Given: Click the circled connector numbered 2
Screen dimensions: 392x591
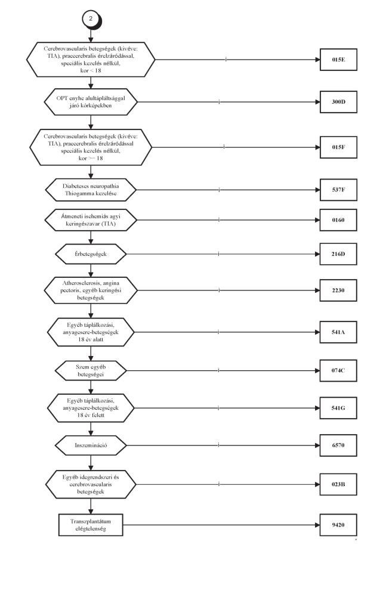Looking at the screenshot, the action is pyautogui.click(x=91, y=19).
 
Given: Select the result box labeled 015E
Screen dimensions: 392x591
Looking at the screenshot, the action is pyautogui.click(x=338, y=60).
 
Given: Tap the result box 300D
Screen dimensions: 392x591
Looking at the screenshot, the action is pyautogui.click(x=338, y=102).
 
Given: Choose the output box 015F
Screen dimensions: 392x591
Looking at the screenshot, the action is pyautogui.click(x=338, y=147).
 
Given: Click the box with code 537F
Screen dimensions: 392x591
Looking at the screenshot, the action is pyautogui.click(x=338, y=190).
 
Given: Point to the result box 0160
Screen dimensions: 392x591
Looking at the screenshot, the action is pyautogui.click(x=338, y=219).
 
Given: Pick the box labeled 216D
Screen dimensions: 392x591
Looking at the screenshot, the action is pyautogui.click(x=338, y=254).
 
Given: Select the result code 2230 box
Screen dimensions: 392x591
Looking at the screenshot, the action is pyautogui.click(x=338, y=290).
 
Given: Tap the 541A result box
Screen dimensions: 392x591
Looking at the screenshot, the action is pyautogui.click(x=338, y=332).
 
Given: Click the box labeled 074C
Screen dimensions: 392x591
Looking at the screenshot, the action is pyautogui.click(x=338, y=370).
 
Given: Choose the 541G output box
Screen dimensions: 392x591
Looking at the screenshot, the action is pyautogui.click(x=338, y=408).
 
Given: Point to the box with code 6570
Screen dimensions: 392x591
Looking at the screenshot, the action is pyautogui.click(x=338, y=445).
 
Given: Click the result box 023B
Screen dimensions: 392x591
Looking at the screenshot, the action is pyautogui.click(x=338, y=484).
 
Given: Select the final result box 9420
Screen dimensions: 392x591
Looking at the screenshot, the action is pyautogui.click(x=338, y=525).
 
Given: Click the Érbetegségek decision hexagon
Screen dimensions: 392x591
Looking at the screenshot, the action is pyautogui.click(x=91, y=254).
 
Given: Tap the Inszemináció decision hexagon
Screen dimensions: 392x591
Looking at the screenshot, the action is pyautogui.click(x=91, y=445).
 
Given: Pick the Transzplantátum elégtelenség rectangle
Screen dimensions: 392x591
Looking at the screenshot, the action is pyautogui.click(x=91, y=525).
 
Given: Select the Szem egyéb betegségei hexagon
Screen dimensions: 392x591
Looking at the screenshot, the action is pyautogui.click(x=91, y=370).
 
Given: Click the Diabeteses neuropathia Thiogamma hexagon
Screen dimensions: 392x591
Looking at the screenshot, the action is pyautogui.click(x=91, y=190).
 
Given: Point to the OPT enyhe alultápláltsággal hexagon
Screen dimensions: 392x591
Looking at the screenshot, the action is pyautogui.click(x=91, y=102).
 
